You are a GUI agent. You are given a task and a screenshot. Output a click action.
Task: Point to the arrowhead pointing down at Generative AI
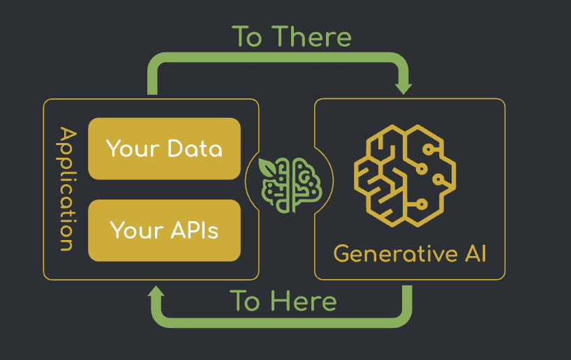(403, 88)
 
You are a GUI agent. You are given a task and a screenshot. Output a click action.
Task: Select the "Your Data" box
(164, 149)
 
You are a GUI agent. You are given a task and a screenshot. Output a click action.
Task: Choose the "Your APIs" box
(164, 230)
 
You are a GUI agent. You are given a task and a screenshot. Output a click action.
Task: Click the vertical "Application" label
(66, 189)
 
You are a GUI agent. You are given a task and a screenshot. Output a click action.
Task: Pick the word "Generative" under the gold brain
(386, 253)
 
